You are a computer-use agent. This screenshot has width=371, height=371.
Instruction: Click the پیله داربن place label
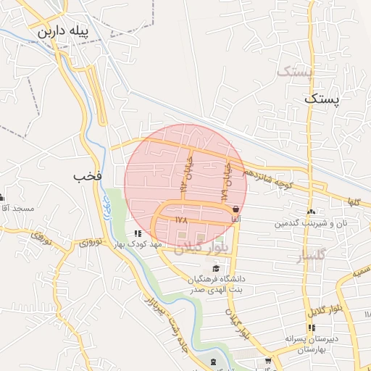(x=67, y=32)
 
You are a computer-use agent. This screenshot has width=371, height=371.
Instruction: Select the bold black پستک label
(x=321, y=99)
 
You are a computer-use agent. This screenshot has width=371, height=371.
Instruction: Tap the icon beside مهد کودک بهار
(x=138, y=233)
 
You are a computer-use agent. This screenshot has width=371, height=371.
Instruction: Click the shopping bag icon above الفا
(x=235, y=209)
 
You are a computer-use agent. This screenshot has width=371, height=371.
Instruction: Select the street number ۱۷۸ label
(x=181, y=218)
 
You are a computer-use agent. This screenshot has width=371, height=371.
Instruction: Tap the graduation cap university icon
(x=214, y=269)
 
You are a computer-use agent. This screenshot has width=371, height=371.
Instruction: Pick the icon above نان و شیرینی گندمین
(x=311, y=212)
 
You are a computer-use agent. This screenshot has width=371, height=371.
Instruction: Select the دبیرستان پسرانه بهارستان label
(x=312, y=343)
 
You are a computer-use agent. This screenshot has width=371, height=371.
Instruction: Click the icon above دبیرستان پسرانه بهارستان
(x=312, y=328)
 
